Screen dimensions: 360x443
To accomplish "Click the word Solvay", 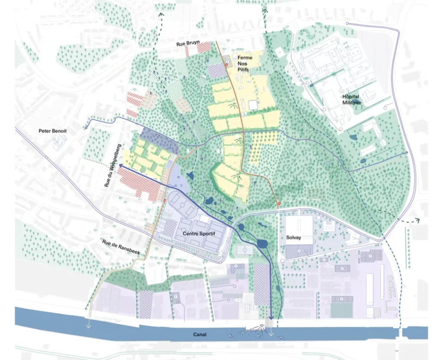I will click(293, 238).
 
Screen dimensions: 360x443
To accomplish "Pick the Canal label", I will click(199, 334).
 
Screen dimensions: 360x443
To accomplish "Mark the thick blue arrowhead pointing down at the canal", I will click(271, 318).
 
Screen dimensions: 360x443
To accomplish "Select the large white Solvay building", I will click(299, 230).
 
